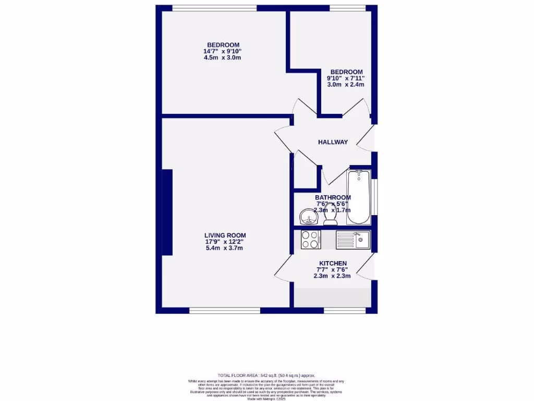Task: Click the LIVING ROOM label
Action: click(225, 235)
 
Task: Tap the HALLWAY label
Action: click(333, 142)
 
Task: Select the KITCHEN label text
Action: click(333, 263)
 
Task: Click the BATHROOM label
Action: click(333, 197)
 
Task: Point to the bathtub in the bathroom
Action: click(359, 197)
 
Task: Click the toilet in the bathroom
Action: click(330, 216)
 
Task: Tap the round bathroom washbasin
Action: click(308, 216)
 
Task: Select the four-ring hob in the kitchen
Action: click(311, 240)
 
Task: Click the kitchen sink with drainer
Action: click(353, 240)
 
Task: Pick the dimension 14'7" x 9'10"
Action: click(222, 51)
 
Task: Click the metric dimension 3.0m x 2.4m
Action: click(345, 85)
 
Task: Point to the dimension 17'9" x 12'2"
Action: click(225, 242)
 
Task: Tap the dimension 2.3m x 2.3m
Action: click(332, 276)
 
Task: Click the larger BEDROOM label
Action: click(223, 44)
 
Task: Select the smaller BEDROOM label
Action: click(346, 72)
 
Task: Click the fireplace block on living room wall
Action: click(167, 212)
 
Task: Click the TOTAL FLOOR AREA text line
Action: click(266, 375)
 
